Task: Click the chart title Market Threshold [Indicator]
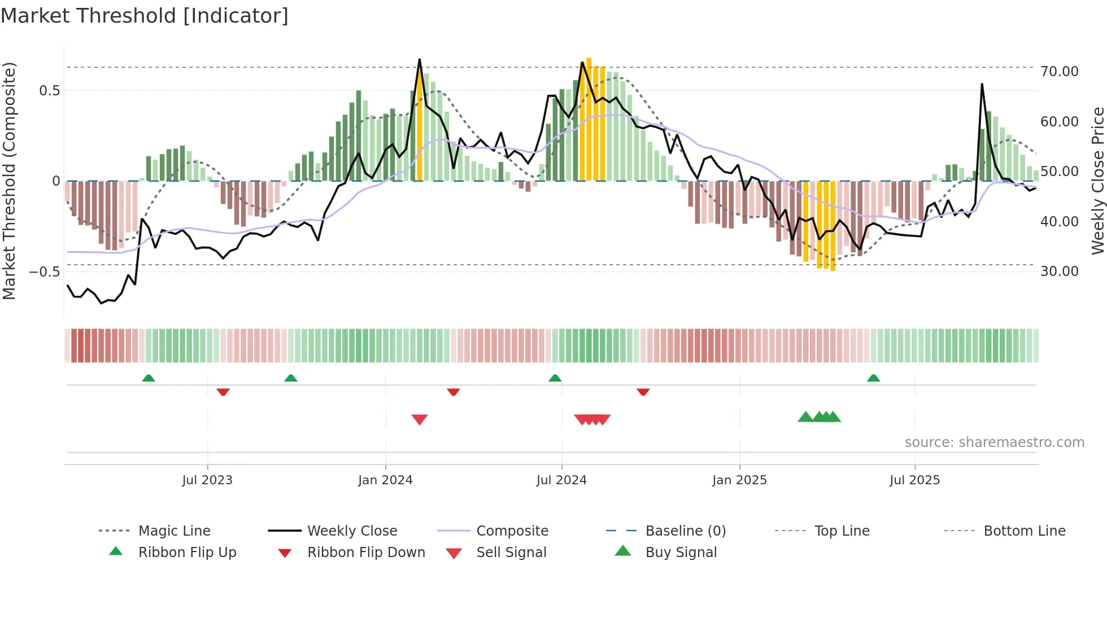tap(145, 16)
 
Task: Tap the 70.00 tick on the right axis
tap(1059, 72)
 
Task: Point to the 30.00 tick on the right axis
tap(1059, 271)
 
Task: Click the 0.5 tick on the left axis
tap(49, 91)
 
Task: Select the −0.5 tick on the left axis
tap(45, 272)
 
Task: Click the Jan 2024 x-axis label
tap(385, 480)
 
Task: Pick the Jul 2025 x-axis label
tap(914, 480)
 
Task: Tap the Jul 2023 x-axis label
tap(207, 480)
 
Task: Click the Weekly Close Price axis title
tap(1097, 181)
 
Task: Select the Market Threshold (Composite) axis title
tap(9, 181)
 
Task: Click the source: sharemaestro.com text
tap(994, 443)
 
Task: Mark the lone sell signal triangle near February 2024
tap(420, 419)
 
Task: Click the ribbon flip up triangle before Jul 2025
tap(873, 378)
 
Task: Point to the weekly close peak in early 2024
tap(420, 59)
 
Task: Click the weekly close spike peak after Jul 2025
tap(982, 84)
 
